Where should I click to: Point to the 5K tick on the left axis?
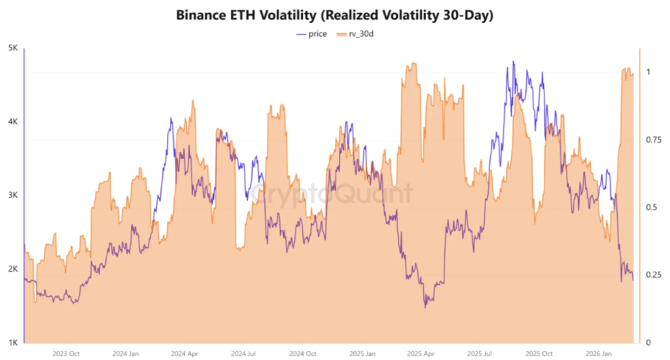pos(12,48)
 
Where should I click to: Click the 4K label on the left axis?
pos(12,122)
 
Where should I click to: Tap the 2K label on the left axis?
pos(12,269)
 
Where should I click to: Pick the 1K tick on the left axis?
pos(12,342)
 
